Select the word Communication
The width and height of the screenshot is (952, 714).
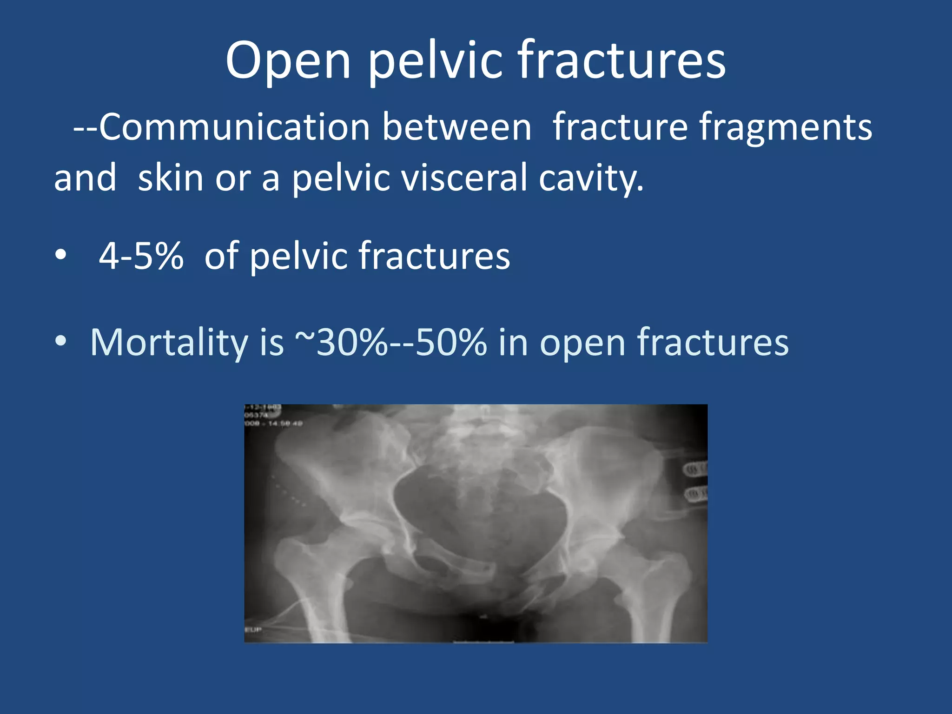click(x=234, y=127)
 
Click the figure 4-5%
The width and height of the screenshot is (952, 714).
click(x=141, y=256)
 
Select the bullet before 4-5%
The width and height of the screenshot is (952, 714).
click(x=60, y=256)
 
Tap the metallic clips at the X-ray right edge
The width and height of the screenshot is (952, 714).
click(x=695, y=481)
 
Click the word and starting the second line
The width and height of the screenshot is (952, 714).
click(x=85, y=178)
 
